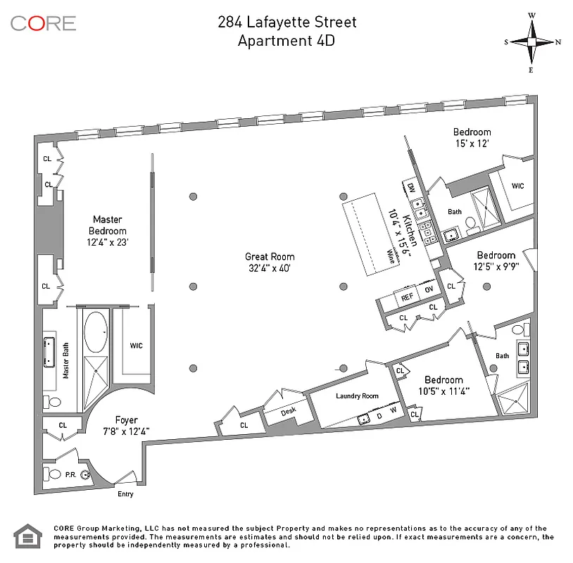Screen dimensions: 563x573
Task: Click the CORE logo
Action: (43, 23)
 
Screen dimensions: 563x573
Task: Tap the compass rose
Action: (532, 42)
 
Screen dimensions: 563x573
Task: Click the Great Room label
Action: (270, 262)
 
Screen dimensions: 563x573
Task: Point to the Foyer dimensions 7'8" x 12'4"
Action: (127, 431)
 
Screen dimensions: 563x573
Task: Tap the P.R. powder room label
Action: (71, 474)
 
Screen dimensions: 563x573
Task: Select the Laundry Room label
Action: (357, 396)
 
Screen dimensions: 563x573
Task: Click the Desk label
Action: (289, 412)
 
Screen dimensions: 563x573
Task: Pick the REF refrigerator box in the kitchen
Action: (407, 298)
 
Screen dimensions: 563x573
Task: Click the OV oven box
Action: (429, 290)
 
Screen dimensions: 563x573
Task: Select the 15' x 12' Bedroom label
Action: (472, 137)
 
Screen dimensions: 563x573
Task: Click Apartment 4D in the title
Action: (286, 40)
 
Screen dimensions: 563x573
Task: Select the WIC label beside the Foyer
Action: (136, 346)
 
